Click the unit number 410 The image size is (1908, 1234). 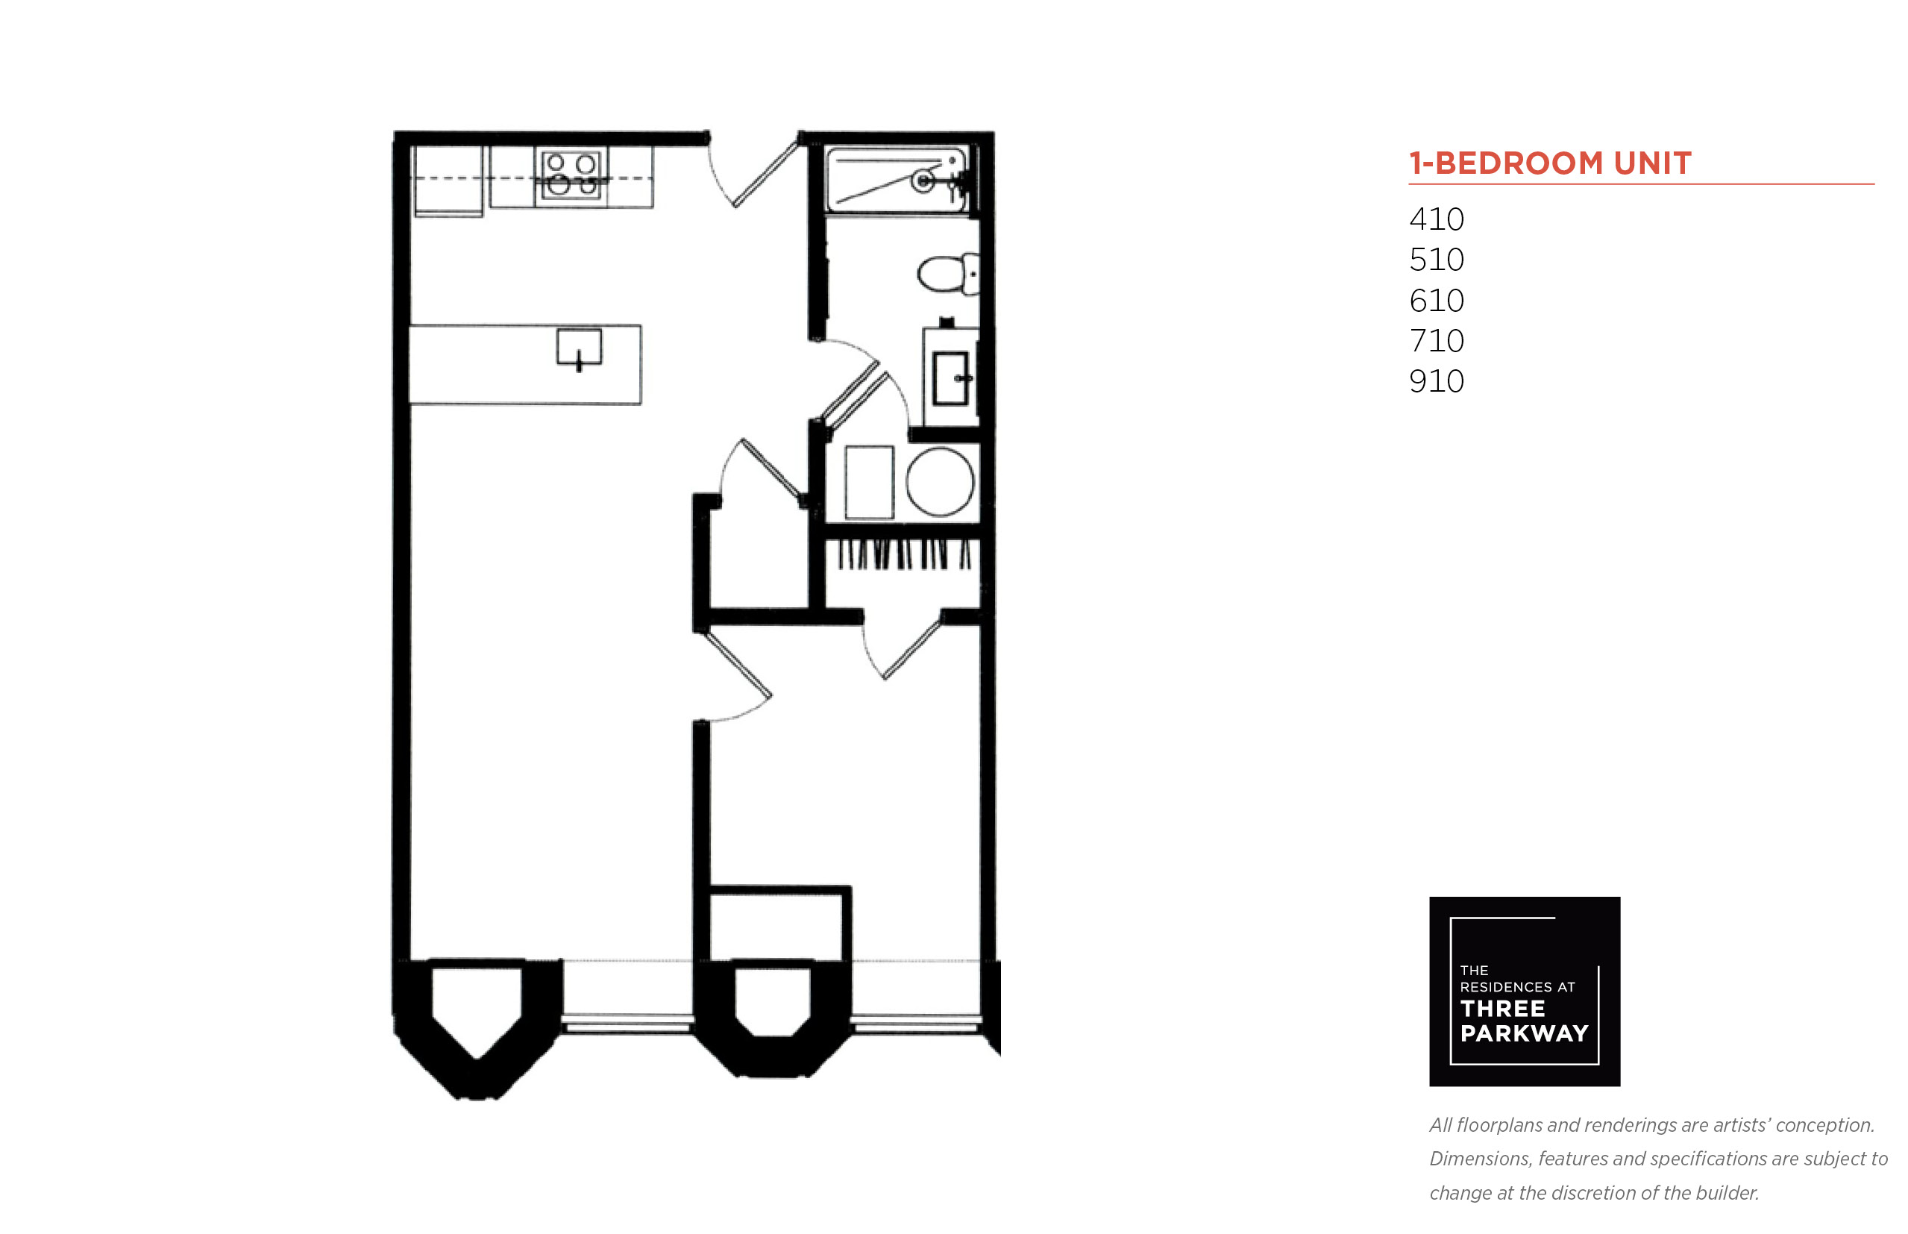click(1436, 219)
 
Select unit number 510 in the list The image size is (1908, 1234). click(1436, 260)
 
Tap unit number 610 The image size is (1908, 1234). click(1436, 301)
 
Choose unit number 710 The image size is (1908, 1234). click(1436, 340)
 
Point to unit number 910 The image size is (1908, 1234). click(1436, 381)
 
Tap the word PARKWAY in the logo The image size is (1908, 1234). click(1524, 1033)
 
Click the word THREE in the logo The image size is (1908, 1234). click(1503, 1008)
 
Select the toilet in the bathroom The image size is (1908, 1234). click(947, 273)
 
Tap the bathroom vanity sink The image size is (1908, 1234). click(951, 378)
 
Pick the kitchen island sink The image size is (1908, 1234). click(579, 349)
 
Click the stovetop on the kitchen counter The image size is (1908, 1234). click(571, 175)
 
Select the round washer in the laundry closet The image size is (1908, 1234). click(940, 481)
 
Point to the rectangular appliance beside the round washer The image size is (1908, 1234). click(869, 483)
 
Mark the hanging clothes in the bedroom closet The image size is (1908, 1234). click(903, 554)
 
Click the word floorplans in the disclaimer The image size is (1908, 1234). click(1499, 1125)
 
